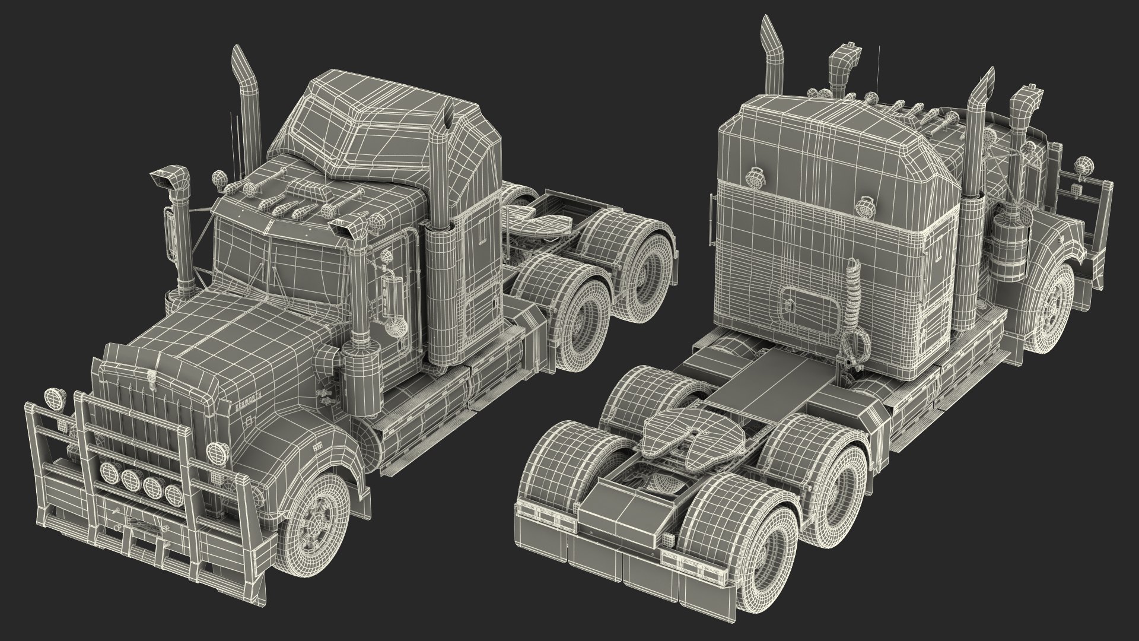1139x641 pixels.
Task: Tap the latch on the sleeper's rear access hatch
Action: (790, 305)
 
